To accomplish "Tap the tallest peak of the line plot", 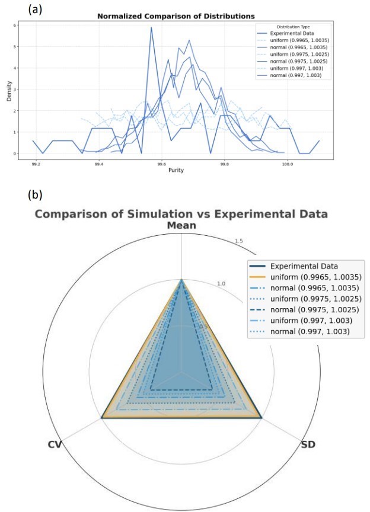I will (151, 28).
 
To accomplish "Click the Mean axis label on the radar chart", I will (181, 226).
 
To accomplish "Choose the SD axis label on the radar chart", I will (308, 444).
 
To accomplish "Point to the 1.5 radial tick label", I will (238, 241).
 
